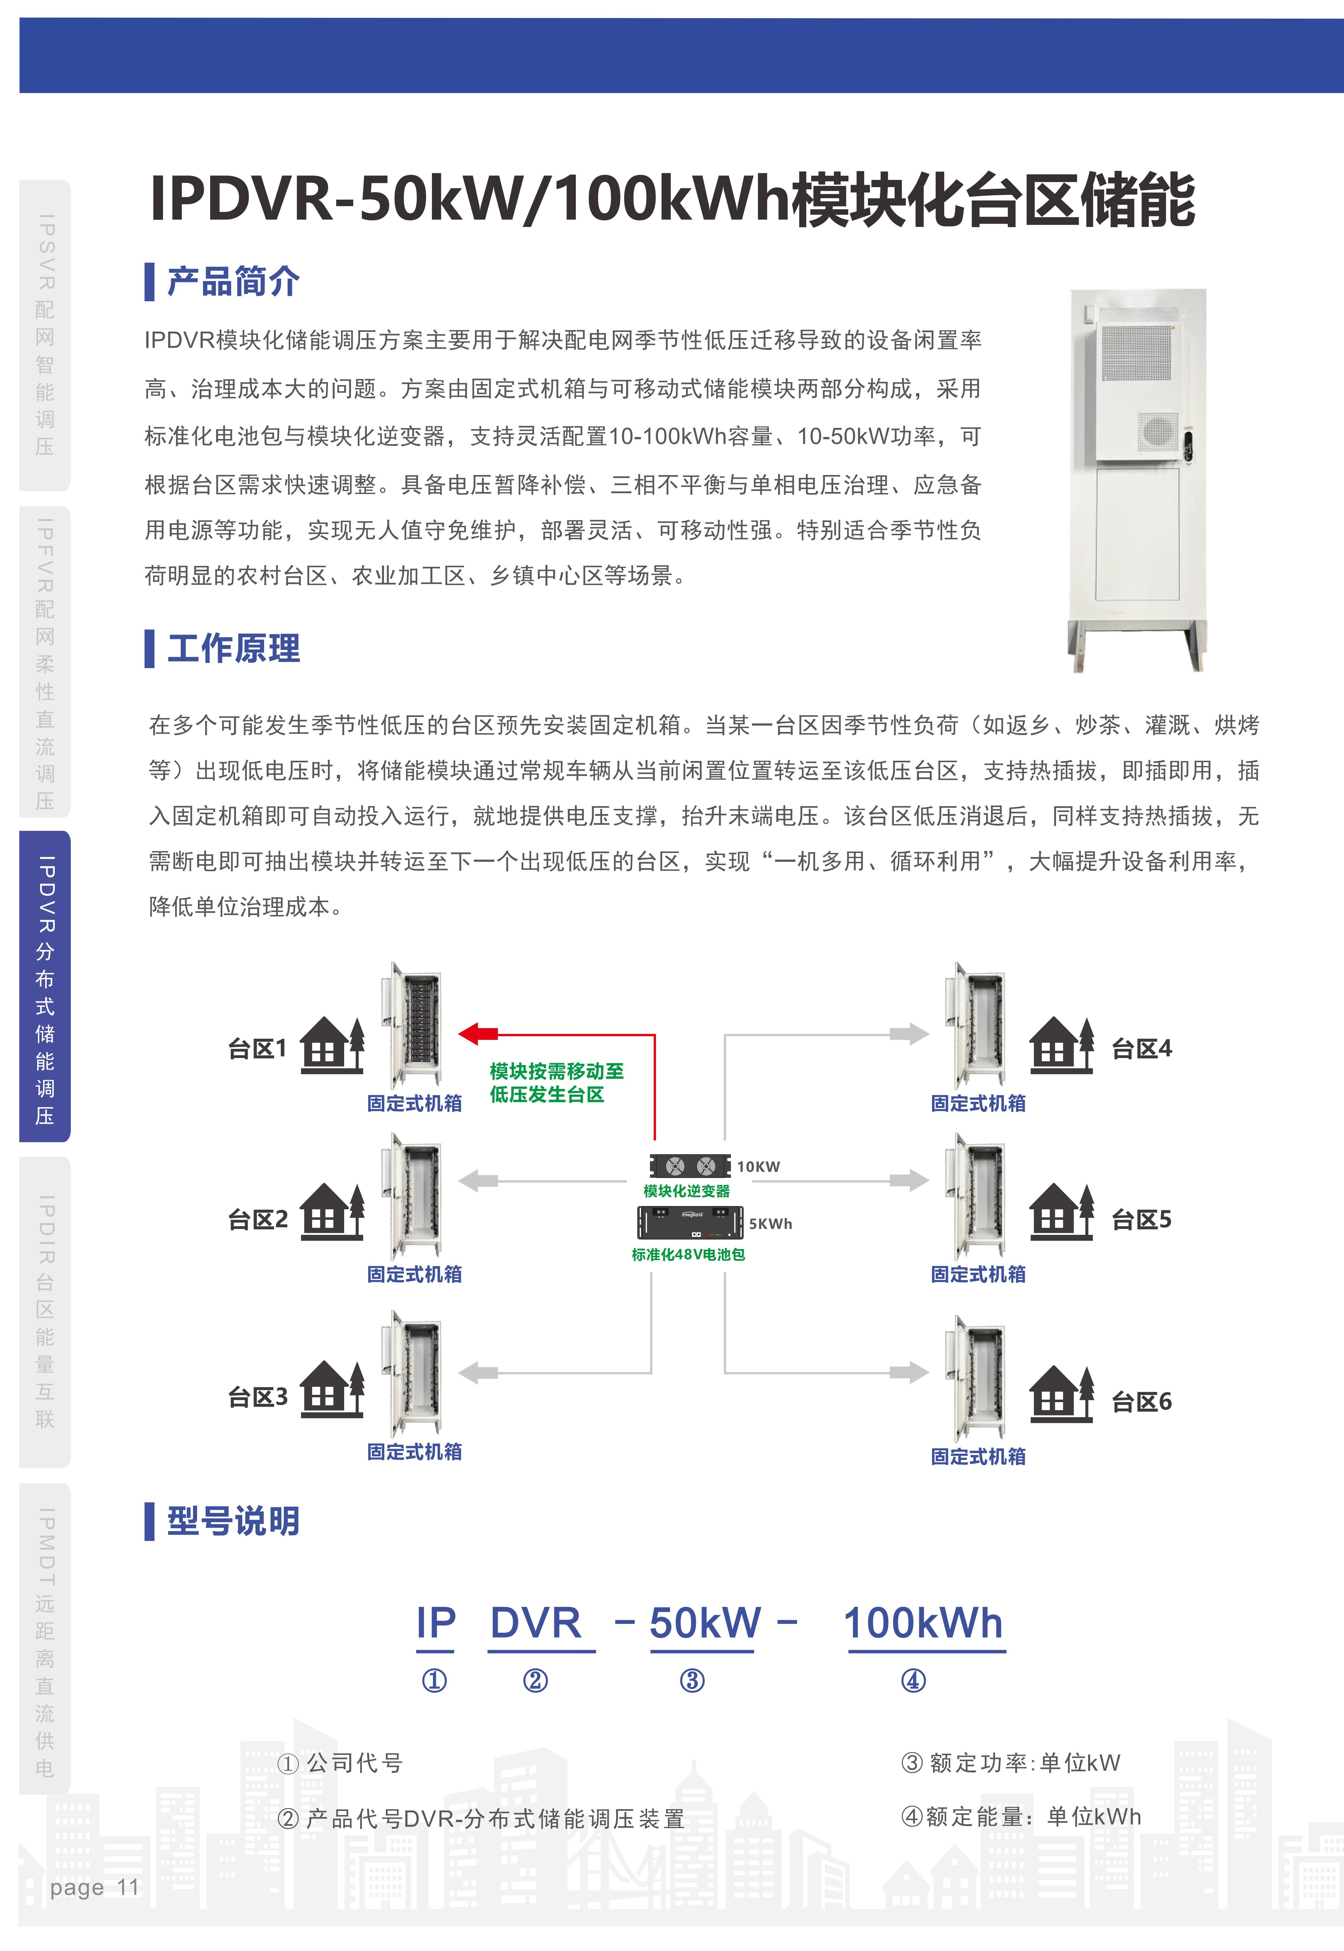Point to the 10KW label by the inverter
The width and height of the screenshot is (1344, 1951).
click(758, 1166)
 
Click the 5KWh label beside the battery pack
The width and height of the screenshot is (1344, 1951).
click(770, 1224)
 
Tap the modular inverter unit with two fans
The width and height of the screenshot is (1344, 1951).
click(690, 1165)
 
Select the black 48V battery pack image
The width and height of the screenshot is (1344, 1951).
click(691, 1223)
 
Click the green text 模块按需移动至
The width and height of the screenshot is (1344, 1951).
click(557, 1071)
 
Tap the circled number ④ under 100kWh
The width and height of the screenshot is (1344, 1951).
click(913, 1681)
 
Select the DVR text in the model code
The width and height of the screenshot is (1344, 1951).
click(536, 1622)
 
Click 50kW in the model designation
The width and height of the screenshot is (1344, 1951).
click(705, 1622)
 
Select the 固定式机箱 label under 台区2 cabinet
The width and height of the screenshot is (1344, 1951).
click(414, 1274)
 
